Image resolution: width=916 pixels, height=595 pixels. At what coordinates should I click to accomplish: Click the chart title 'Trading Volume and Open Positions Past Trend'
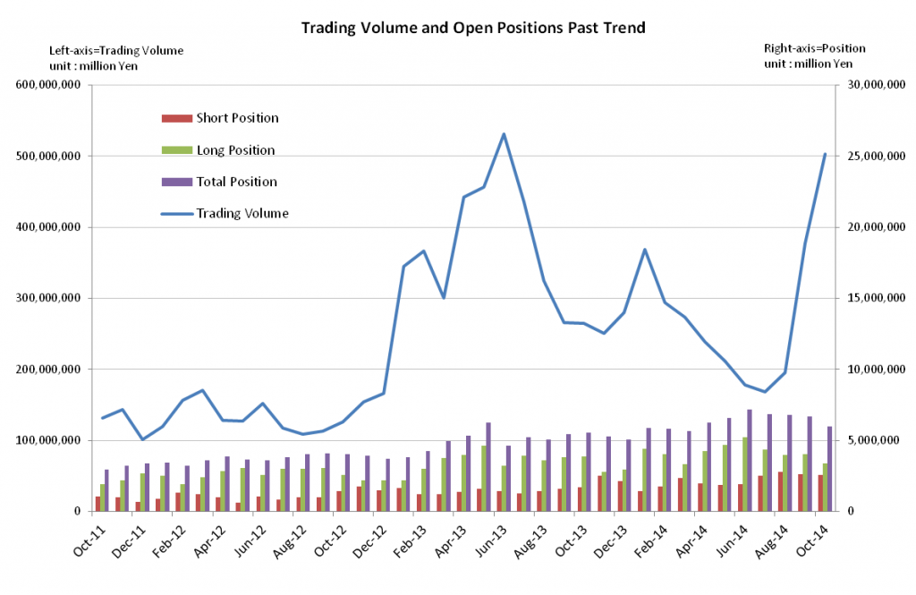click(472, 28)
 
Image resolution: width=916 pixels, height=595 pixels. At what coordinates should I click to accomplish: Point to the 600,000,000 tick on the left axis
click(47, 85)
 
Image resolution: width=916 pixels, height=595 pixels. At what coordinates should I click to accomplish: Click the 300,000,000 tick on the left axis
click(47, 298)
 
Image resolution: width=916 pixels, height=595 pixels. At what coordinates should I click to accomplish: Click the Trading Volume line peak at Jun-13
click(504, 134)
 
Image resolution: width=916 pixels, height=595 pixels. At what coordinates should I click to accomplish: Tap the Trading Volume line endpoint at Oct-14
click(825, 154)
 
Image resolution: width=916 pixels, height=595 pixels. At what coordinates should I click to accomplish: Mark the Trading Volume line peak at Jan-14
click(645, 250)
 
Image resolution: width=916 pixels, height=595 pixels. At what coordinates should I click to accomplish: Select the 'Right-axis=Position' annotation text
click(814, 48)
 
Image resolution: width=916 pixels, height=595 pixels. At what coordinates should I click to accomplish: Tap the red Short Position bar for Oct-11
click(98, 504)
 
